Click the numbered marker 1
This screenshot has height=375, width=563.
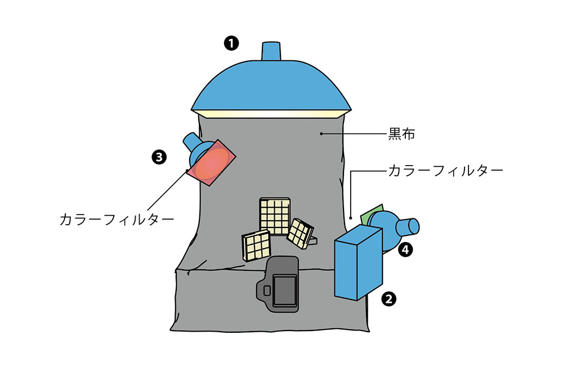[x=231, y=43]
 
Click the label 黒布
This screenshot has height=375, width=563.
[x=402, y=135]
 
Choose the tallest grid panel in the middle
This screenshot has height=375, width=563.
[x=275, y=216]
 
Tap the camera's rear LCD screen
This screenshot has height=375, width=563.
[x=285, y=291]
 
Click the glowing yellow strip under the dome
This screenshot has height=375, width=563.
[x=271, y=114]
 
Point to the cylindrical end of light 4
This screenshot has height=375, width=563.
[x=409, y=227]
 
